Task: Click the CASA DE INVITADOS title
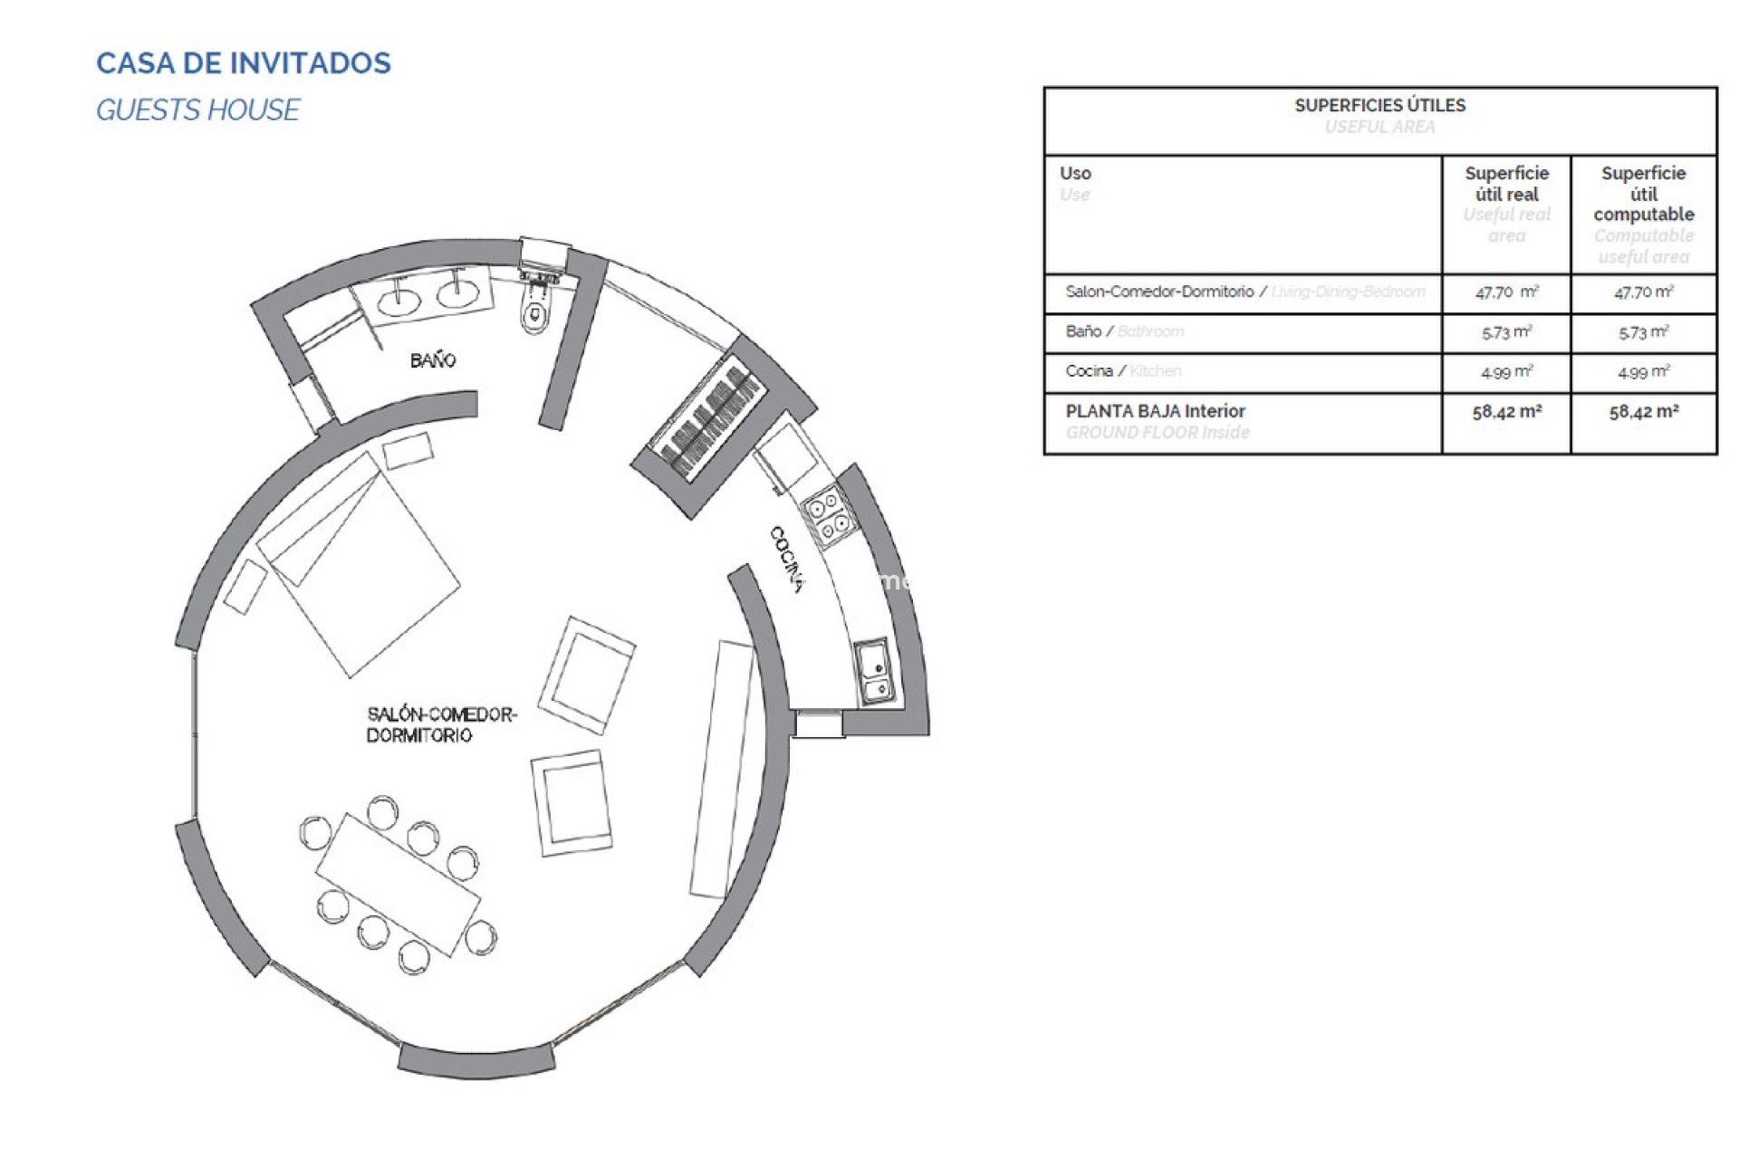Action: click(x=244, y=63)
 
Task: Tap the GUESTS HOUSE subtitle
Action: click(x=197, y=110)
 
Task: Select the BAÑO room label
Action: click(x=432, y=360)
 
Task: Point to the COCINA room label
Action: click(x=786, y=559)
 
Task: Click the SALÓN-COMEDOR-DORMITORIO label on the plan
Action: click(x=441, y=724)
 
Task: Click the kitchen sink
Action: click(x=875, y=671)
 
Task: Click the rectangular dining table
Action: click(x=398, y=885)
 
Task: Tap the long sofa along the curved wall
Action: click(x=721, y=769)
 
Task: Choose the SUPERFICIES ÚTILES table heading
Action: click(x=1379, y=106)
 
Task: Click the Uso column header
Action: click(x=1075, y=173)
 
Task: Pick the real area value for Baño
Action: click(x=1505, y=332)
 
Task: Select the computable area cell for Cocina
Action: click(x=1643, y=372)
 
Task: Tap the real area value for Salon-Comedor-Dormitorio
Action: click(x=1505, y=292)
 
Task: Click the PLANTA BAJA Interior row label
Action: click(x=1155, y=411)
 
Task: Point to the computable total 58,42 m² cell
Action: click(x=1643, y=412)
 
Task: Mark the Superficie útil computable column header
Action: click(x=1643, y=194)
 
